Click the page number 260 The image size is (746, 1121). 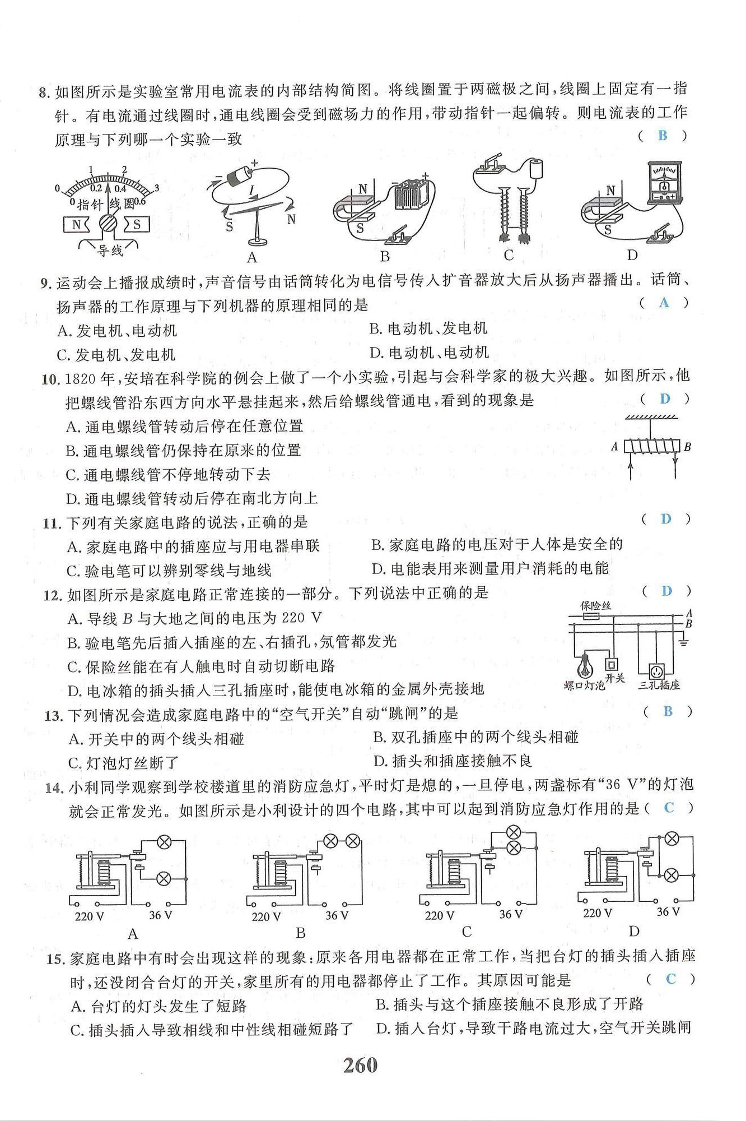pyautogui.click(x=360, y=1064)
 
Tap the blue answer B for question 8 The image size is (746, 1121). pyautogui.click(x=663, y=135)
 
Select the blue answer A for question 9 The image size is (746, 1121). pyautogui.click(x=664, y=303)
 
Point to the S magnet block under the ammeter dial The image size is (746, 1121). pyautogui.click(x=136, y=225)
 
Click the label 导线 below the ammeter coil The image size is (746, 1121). pyautogui.click(x=110, y=251)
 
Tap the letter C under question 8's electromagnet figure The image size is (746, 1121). pyautogui.click(x=509, y=256)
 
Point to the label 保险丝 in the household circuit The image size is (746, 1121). pyautogui.click(x=595, y=605)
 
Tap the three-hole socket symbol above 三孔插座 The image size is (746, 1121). pyautogui.click(x=655, y=670)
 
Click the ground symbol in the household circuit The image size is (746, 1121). pyautogui.click(x=683, y=641)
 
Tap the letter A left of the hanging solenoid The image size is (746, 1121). pyautogui.click(x=614, y=447)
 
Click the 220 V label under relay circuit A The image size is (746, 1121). pyautogui.click(x=90, y=916)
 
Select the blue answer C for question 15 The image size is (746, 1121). pyautogui.click(x=671, y=979)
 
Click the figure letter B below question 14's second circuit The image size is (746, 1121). pyautogui.click(x=301, y=933)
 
